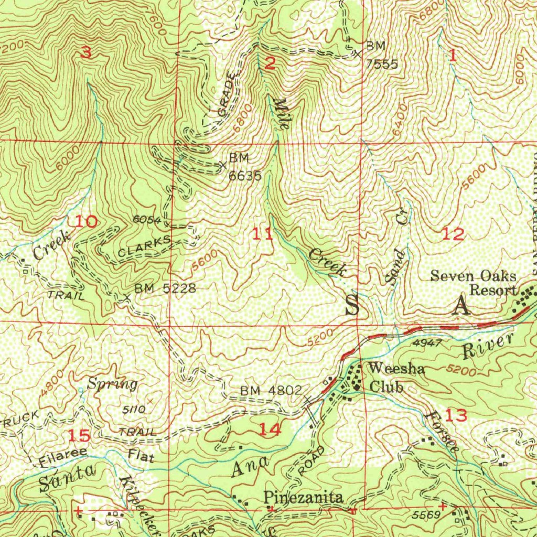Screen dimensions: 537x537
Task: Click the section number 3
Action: (86, 52)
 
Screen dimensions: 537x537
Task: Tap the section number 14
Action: (270, 430)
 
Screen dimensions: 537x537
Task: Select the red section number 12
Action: (453, 234)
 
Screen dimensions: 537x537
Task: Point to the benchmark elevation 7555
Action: (382, 64)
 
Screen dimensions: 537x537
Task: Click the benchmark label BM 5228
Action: (165, 288)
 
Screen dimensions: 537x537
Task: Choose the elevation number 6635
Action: (244, 176)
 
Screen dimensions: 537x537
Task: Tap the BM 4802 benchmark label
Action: (271, 391)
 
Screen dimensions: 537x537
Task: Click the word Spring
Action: (112, 384)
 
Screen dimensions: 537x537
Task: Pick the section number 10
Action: (85, 221)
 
